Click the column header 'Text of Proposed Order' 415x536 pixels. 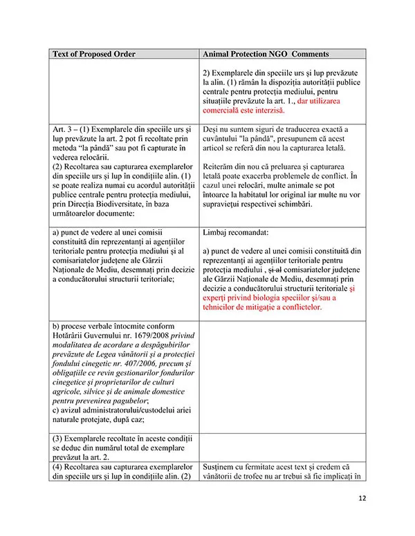click(x=94, y=53)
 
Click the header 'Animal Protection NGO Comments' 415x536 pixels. click(x=266, y=53)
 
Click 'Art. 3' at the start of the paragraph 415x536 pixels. click(x=64, y=129)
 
